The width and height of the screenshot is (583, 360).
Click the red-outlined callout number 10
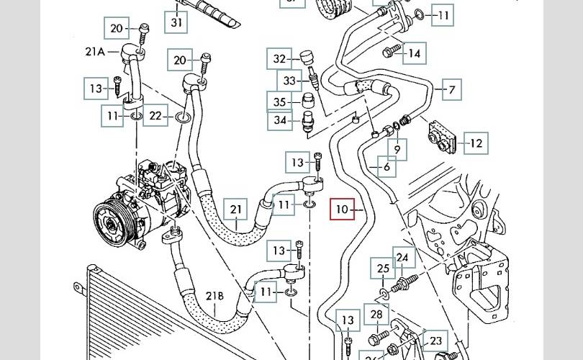pos(341,210)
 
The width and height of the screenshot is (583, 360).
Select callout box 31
pos(177,23)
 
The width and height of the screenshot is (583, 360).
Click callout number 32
pos(280,59)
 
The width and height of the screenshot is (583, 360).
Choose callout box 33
pos(289,81)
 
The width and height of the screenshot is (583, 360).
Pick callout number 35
pos(280,102)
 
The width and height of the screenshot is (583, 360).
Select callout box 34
pos(280,120)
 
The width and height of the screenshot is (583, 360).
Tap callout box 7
pos(451,90)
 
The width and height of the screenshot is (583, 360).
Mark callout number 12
pos(475,143)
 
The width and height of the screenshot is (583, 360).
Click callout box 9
pos(397,150)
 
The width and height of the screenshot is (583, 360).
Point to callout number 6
pos(387,167)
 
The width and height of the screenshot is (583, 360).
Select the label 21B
pos(215,296)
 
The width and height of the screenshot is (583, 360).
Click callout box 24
pos(402,257)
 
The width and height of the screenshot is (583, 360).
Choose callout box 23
pos(435,340)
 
